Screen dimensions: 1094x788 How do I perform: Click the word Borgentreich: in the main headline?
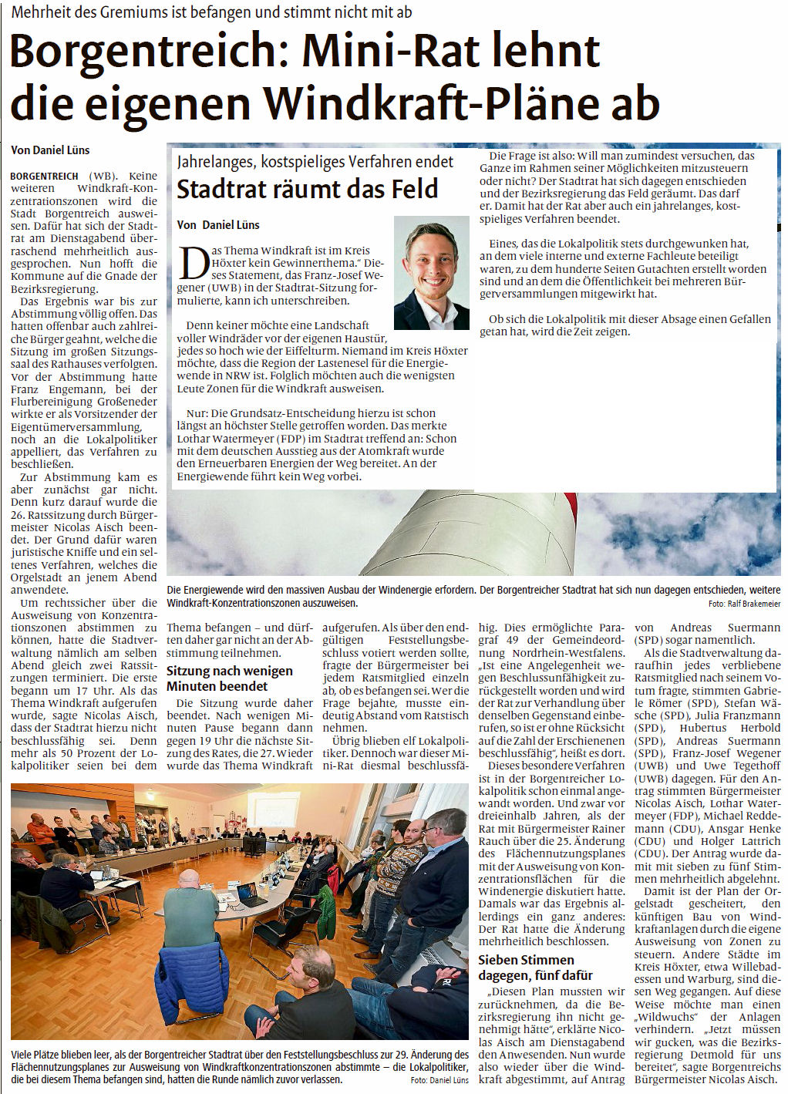[x=146, y=51]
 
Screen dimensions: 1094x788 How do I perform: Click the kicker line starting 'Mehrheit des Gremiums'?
[x=211, y=12]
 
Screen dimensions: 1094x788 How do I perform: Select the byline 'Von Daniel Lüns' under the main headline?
[x=50, y=150]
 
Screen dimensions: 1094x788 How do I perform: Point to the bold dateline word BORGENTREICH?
[x=44, y=176]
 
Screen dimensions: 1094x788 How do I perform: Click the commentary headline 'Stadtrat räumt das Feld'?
[x=307, y=189]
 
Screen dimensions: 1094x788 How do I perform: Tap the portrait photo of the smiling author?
[x=431, y=273]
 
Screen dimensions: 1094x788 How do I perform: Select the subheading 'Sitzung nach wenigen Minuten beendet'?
[x=230, y=678]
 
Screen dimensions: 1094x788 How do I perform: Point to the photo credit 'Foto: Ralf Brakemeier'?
[x=744, y=604]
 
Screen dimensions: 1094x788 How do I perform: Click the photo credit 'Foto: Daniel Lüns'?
[x=439, y=1080]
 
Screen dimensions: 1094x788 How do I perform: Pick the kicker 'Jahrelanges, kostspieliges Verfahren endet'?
[x=315, y=162]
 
